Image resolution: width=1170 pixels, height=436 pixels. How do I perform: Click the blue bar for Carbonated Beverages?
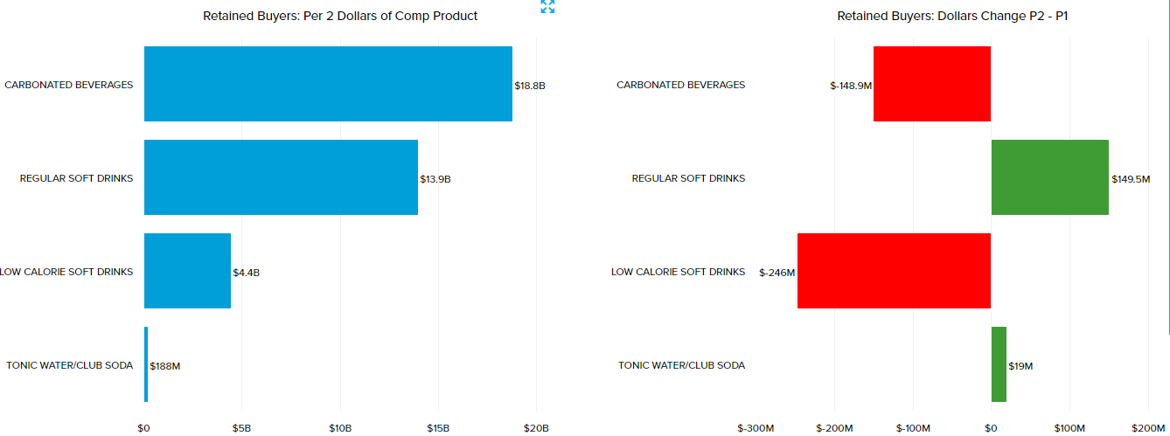[328, 84]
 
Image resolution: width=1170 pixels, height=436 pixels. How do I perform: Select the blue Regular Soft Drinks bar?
[281, 177]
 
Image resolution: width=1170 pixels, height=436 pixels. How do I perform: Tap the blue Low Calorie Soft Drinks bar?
[187, 271]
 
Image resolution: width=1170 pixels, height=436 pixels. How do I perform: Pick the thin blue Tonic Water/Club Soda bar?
[146, 364]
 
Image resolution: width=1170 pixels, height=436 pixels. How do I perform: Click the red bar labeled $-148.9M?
[932, 84]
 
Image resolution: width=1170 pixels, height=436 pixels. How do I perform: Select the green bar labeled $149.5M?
[1049, 177]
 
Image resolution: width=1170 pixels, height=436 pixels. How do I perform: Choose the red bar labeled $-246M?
[894, 271]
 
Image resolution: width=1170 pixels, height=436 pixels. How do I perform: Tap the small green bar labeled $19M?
[999, 364]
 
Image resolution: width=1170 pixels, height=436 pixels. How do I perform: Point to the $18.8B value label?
[530, 86]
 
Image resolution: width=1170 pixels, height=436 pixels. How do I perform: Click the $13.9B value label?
[435, 179]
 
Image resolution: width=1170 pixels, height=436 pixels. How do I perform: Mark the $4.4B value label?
[247, 273]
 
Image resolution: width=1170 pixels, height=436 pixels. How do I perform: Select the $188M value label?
[165, 366]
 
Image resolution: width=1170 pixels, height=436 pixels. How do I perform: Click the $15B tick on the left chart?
[438, 428]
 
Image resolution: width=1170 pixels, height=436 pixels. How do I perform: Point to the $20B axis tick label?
[536, 428]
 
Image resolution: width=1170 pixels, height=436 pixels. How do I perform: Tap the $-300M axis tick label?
[756, 428]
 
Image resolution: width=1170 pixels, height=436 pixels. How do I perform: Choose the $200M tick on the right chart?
[1148, 428]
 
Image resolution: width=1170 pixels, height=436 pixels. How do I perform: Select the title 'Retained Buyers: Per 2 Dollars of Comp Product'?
[340, 16]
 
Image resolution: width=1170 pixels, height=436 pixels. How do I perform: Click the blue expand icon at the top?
[547, 7]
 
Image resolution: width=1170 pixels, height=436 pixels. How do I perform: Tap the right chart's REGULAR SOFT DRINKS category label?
[688, 178]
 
